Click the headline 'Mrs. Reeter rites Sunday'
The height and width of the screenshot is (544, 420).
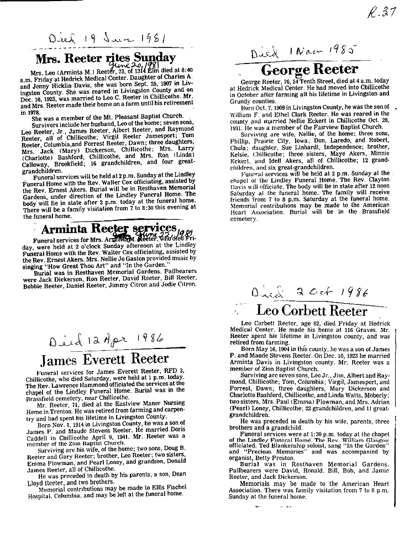105,58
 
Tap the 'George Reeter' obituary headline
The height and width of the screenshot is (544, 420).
309,69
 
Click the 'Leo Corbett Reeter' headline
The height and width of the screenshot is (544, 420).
312,310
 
